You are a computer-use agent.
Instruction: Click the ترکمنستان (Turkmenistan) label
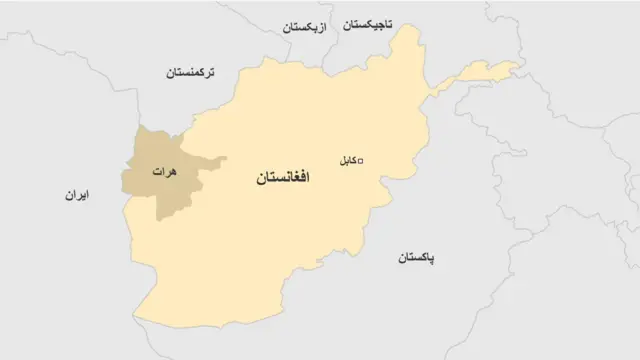tap(200, 72)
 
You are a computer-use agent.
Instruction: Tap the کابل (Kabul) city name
tap(342, 159)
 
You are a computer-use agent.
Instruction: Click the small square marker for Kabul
tap(361, 159)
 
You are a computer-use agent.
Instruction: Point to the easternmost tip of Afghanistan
tap(519, 68)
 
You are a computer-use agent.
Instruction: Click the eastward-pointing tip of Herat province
tap(225, 158)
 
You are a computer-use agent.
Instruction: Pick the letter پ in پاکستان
tap(432, 260)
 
